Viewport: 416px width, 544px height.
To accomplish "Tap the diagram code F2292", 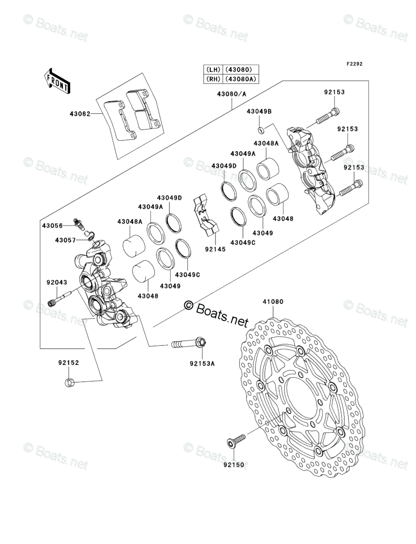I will point(354,64).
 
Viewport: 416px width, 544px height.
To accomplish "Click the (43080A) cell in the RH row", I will point(241,79).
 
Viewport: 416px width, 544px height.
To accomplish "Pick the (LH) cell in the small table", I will point(213,70).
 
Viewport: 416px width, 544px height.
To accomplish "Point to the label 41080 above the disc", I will point(273,302).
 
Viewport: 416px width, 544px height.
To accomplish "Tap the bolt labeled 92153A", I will point(188,345).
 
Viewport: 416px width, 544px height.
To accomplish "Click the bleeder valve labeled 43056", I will point(79,224).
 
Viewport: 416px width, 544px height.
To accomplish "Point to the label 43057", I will point(65,240).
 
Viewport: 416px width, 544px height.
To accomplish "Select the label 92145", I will point(215,249).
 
